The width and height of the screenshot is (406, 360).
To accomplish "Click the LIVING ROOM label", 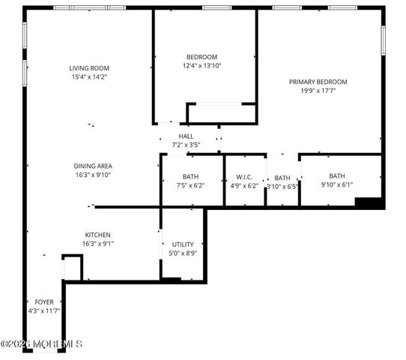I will (90, 68).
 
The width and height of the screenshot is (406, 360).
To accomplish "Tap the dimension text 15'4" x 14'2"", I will (90, 76).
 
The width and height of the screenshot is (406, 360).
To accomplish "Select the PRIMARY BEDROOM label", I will (318, 82).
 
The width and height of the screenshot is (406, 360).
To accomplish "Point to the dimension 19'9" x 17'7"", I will (318, 91).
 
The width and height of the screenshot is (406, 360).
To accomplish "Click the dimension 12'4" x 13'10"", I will (202, 66).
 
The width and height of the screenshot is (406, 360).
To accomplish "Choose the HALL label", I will (186, 136).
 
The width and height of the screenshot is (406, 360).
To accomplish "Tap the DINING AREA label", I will (93, 166).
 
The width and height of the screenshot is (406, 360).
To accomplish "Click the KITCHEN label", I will (98, 235).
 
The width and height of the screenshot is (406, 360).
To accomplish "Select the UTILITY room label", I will (183, 244).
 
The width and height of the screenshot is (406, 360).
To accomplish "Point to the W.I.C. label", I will (244, 177).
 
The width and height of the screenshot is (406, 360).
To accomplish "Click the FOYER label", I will (44, 301).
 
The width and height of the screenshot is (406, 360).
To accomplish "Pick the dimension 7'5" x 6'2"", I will (190, 185).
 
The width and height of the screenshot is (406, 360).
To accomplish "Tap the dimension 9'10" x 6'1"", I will (336, 184).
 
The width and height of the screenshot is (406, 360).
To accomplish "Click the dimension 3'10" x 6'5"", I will (282, 186).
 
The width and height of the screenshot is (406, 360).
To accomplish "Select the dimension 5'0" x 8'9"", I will (183, 253).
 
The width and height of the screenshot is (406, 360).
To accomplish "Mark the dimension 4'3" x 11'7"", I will (44, 310).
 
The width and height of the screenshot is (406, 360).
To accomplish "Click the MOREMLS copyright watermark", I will (41, 344).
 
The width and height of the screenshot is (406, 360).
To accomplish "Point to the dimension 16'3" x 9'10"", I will (93, 175).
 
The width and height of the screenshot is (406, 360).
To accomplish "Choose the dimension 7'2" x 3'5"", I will (186, 144).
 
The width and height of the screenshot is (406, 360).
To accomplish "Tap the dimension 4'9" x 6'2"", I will (244, 185).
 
